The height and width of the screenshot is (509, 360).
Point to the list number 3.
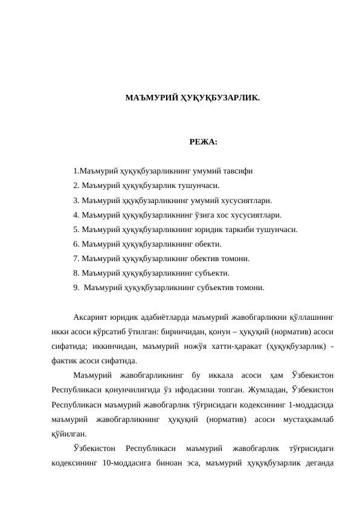[x=76, y=201]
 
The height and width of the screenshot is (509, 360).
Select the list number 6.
[x=76, y=244]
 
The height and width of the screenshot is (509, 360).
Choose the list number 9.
[x=76, y=288]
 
